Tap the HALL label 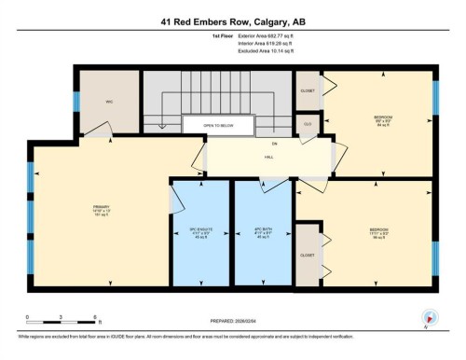pyautogui.click(x=268, y=157)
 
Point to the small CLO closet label pyautogui.click(x=307, y=123)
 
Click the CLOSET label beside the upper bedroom pyautogui.click(x=308, y=90)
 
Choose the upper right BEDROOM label pyautogui.click(x=380, y=117)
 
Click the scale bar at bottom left pyautogui.click(x=62, y=317)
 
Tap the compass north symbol pyautogui.click(x=429, y=316)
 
